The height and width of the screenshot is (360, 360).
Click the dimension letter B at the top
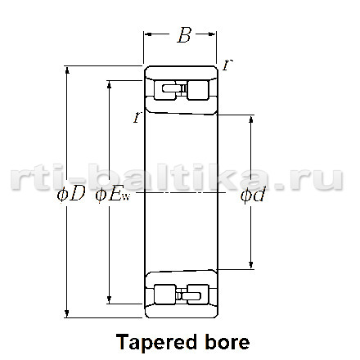coord(184,35)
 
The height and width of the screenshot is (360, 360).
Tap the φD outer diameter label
coord(71,195)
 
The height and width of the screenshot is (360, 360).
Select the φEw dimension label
coord(113,196)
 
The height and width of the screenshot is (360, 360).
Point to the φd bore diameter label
coord(253,196)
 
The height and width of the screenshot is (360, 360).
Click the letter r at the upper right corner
coord(227,65)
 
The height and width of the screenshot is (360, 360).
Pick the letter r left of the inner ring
coord(137,117)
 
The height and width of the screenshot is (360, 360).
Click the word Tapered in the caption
coord(156,342)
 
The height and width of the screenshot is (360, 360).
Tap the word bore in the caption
coord(227,342)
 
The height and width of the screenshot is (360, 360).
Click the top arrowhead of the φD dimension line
coord(67,70)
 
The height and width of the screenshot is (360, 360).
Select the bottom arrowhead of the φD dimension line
coord(66,314)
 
